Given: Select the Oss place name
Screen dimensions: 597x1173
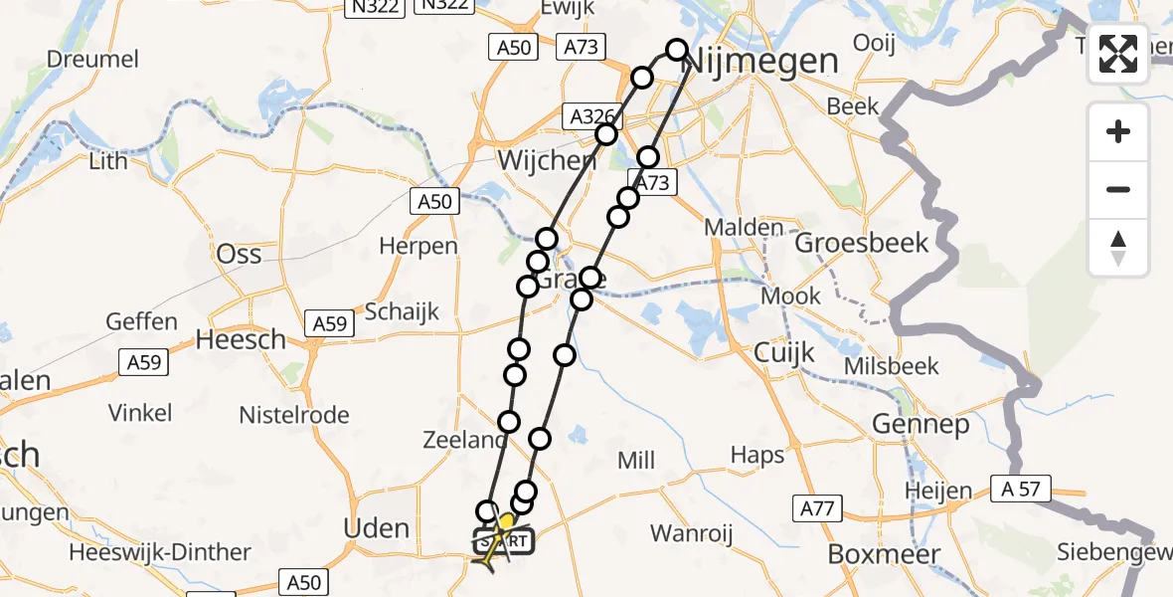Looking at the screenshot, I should point(240,254).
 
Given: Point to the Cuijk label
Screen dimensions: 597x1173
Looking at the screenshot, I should point(784,352).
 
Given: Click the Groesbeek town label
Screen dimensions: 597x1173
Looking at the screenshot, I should point(862,243).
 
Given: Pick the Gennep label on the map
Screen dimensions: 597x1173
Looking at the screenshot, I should point(921,425).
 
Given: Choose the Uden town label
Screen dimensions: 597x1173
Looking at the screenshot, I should point(376,528).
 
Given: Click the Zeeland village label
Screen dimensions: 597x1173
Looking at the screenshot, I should point(465,441).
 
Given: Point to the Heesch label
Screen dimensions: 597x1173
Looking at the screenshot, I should point(240,339).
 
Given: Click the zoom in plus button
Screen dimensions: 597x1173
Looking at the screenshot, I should point(1118,131).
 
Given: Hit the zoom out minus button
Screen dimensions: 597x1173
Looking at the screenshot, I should point(1118,189).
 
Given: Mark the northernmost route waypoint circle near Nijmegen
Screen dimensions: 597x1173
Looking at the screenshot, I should point(677,50).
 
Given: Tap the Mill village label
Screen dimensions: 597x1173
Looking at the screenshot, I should point(636,461).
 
